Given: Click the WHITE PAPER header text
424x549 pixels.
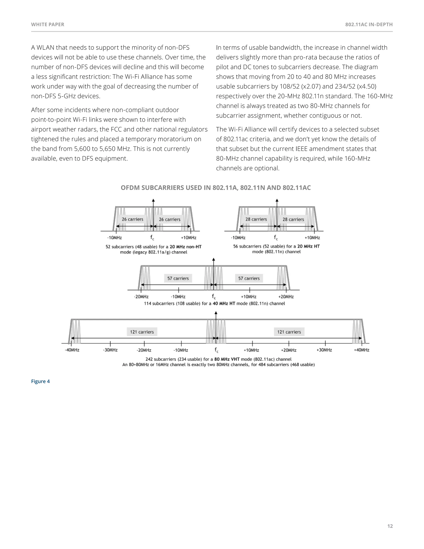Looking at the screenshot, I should point(47,24).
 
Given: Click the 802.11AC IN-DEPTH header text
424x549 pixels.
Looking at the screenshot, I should point(369,24).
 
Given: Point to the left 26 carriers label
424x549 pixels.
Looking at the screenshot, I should point(132,219).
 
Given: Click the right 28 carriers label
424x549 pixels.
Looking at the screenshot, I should point(293,219).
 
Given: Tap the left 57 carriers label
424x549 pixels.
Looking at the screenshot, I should point(178,278).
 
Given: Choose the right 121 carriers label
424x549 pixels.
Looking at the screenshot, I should point(289,332).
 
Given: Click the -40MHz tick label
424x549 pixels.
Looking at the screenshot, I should point(72,350).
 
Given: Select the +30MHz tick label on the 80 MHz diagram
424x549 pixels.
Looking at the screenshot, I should point(324,350).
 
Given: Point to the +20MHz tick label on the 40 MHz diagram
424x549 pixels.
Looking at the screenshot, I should point(286,297).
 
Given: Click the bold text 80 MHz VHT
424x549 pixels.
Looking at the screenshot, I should point(227,359).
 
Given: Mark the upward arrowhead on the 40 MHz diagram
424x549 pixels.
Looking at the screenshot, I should point(213,260).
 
